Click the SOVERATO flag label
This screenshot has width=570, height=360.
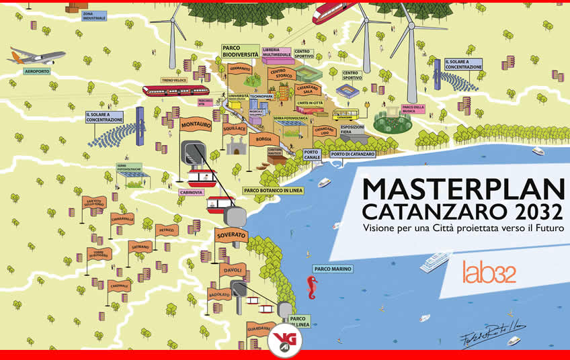tap(231, 236)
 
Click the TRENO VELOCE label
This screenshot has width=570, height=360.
tap(173, 80)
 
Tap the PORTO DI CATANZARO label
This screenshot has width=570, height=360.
tap(353, 154)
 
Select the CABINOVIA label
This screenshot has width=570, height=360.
tap(191, 191)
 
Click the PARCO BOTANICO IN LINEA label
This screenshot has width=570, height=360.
tap(272, 190)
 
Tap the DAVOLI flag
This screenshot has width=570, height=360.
tap(233, 270)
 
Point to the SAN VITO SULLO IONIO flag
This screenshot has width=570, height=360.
tap(94, 202)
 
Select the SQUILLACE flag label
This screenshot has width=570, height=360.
tap(235, 127)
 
